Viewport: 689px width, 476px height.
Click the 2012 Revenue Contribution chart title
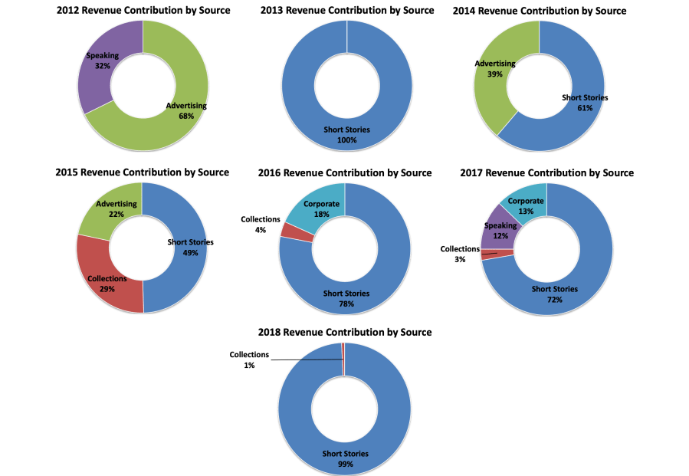point(143,10)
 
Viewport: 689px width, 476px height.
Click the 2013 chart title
point(347,10)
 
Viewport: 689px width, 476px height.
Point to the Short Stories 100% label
point(346,135)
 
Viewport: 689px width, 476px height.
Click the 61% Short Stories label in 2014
point(586,103)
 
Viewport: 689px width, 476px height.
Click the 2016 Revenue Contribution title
point(345,172)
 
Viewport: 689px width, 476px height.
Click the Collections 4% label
point(260,224)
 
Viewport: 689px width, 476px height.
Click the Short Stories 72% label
point(555,294)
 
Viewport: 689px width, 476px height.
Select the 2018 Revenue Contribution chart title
point(345,332)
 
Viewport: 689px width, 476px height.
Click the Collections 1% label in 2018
point(250,360)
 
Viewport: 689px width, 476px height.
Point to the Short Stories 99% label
point(345,458)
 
